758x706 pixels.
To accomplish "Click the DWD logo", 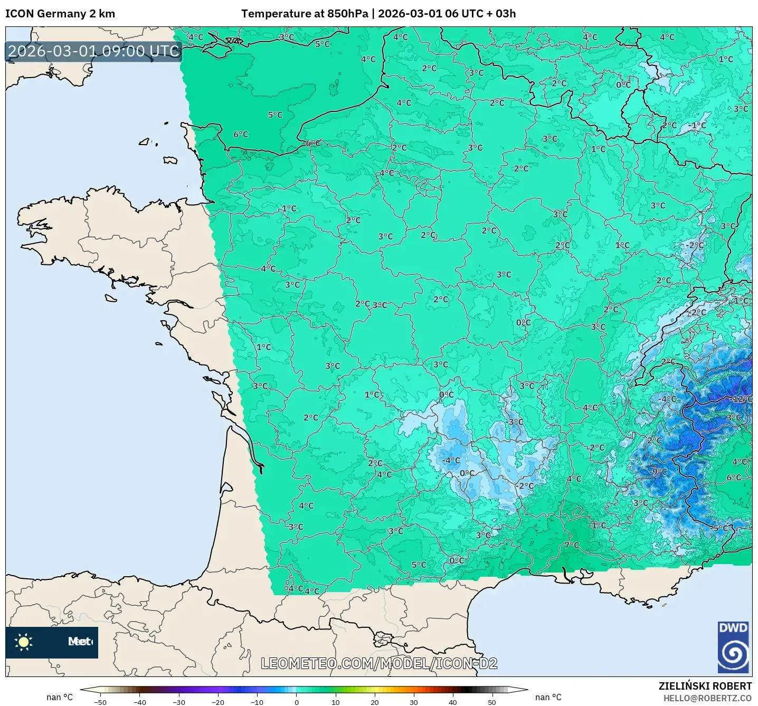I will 734,647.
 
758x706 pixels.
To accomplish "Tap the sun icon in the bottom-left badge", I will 24,642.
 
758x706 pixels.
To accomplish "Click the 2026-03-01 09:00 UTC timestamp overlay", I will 94,51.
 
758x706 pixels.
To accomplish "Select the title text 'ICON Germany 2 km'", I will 60,14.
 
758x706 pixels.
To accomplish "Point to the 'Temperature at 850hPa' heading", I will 305,14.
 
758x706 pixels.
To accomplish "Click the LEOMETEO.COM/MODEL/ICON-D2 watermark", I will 379,663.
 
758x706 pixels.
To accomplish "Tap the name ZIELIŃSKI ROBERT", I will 705,686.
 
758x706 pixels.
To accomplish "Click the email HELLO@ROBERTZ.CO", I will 707,698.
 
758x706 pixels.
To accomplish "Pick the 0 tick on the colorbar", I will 297,702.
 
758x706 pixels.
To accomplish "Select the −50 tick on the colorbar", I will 100,702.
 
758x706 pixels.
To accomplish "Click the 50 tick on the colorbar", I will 492,702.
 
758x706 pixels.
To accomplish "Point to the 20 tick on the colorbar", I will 375,702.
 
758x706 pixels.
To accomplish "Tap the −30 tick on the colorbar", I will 178,702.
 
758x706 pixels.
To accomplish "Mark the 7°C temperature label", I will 572,545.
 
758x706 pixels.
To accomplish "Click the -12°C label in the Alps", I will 742,399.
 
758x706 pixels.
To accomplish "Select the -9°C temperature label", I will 659,472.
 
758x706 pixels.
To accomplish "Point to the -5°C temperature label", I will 720,528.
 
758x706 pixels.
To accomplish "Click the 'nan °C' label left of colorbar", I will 60,697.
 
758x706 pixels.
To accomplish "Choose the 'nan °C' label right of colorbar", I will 548,697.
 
